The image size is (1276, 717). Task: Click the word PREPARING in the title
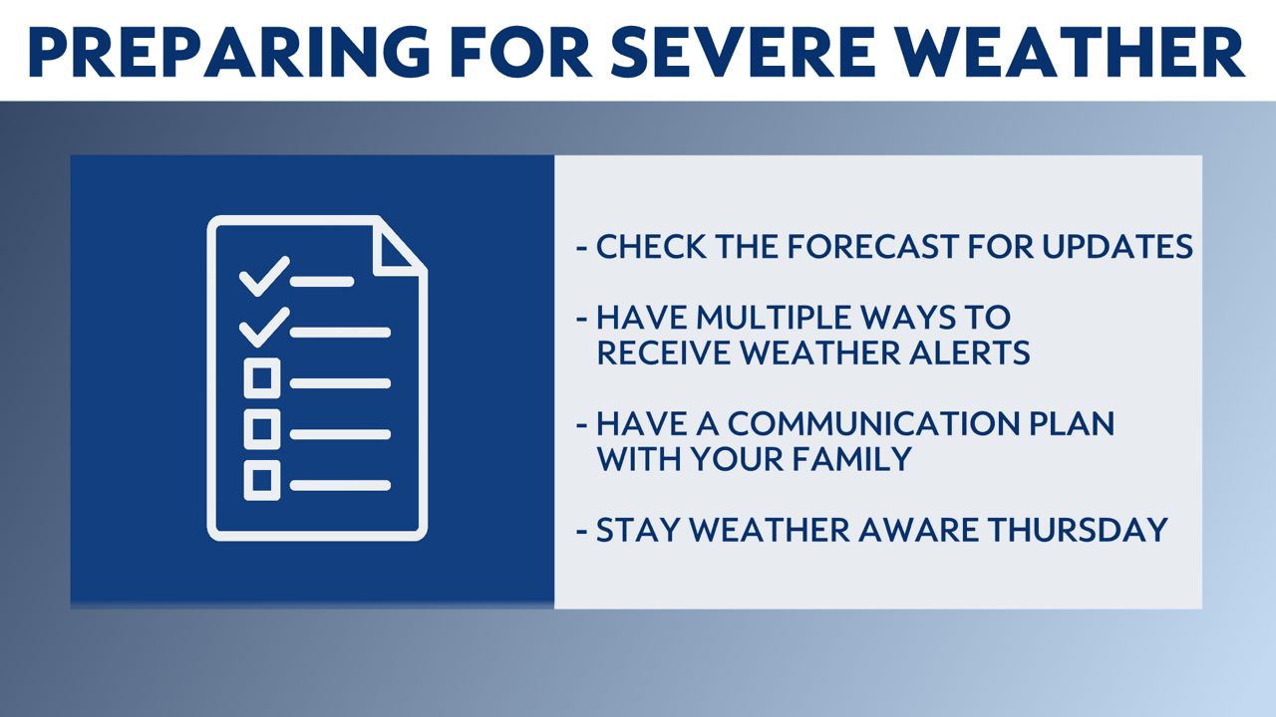coord(229,52)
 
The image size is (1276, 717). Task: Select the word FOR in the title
coord(521,52)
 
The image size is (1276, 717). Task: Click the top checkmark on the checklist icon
coord(264,276)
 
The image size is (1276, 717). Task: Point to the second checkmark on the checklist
coord(264,327)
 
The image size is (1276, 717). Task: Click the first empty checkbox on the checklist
coord(262,377)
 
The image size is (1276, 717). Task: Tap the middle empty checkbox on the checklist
coord(262,428)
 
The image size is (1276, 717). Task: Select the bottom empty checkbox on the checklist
coord(262,480)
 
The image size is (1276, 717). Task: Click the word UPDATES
coord(1117,246)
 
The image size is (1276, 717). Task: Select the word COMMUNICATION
coord(871,423)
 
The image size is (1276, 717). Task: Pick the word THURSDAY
coord(1078,530)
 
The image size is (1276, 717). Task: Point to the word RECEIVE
coord(664,353)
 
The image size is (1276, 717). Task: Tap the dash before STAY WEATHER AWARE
coord(581,532)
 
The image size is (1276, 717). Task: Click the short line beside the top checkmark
coord(322,281)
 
